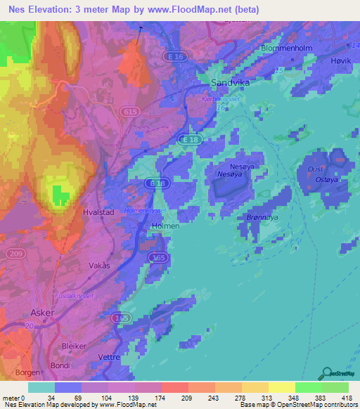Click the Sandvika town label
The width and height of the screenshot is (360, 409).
(x=231, y=82)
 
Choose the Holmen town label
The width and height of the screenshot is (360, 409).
(x=165, y=226)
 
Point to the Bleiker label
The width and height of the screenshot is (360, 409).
(x=75, y=346)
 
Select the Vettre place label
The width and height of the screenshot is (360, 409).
(x=109, y=357)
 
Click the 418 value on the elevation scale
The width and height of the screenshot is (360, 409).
(x=347, y=398)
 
